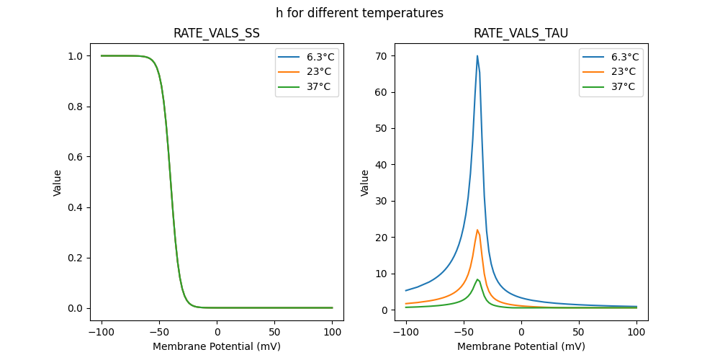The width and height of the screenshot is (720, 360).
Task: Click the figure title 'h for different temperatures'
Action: click(359, 13)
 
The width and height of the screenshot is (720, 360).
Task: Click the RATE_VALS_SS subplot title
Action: click(217, 33)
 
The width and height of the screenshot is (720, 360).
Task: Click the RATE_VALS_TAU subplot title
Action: click(521, 33)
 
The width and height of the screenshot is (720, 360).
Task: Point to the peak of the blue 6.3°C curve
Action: click(477, 56)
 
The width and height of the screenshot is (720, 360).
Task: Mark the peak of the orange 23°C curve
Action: click(477, 230)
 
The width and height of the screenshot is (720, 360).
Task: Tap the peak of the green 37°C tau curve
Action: click(477, 279)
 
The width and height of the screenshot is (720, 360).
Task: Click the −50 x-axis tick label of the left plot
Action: click(160, 333)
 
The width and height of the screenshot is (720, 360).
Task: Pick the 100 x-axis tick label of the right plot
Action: click(636, 333)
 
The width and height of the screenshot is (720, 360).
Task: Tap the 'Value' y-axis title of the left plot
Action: click(58, 183)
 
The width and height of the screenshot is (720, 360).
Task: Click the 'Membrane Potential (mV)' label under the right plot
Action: click(521, 346)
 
